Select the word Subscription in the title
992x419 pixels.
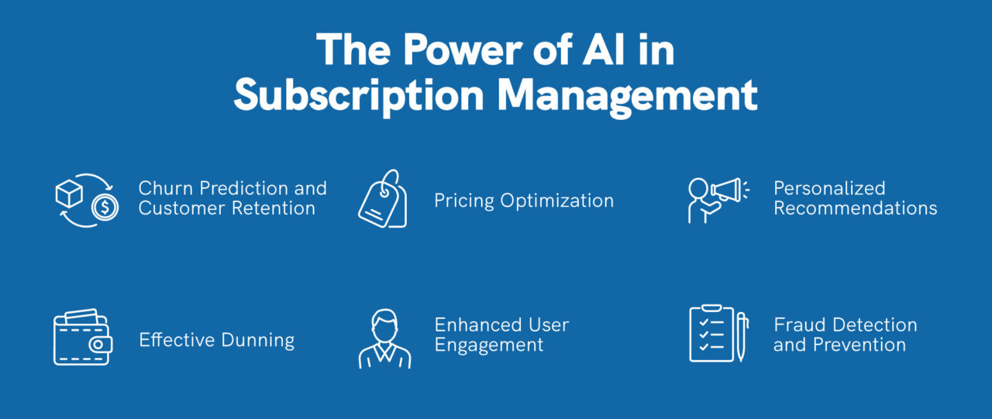click(358, 96)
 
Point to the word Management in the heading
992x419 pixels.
click(627, 96)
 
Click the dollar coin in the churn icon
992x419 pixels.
click(105, 208)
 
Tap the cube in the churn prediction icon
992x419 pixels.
click(69, 194)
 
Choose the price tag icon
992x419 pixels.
click(382, 200)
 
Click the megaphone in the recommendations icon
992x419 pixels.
click(728, 189)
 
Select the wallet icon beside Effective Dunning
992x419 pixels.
click(82, 339)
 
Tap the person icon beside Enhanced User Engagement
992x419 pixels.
click(384, 339)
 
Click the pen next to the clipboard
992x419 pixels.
click(741, 336)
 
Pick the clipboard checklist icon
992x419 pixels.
click(711, 334)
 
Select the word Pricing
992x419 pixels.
click(464, 201)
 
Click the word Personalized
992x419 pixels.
click(829, 188)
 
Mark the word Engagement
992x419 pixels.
click(489, 345)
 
